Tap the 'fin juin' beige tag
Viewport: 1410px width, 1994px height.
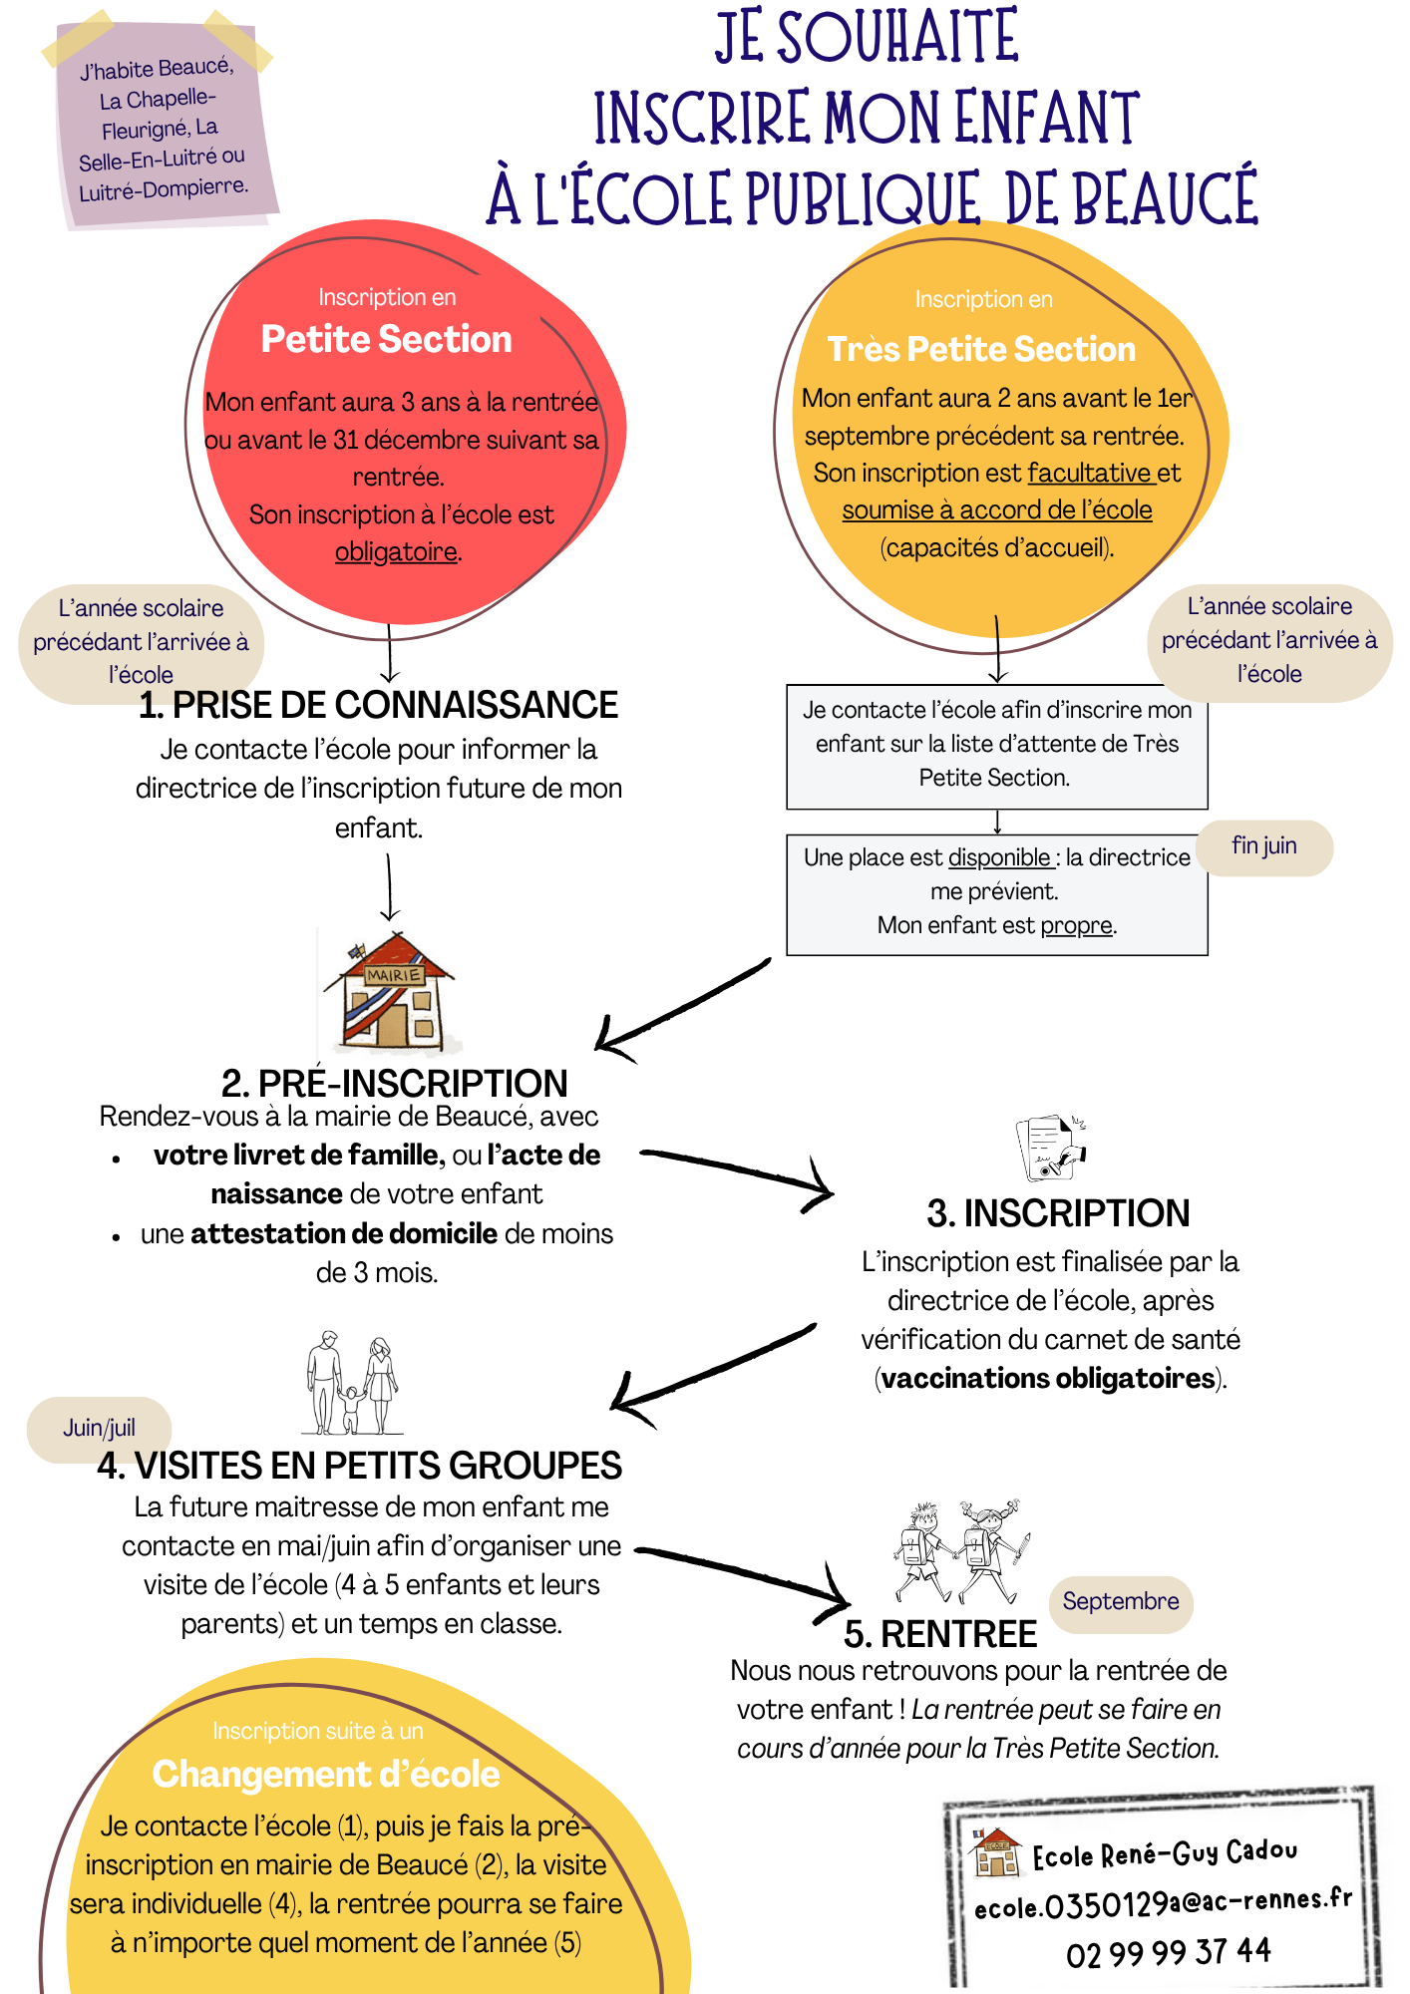(x=1263, y=846)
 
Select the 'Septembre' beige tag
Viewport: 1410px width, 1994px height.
(x=1120, y=1602)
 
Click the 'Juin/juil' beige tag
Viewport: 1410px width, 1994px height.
(x=99, y=1429)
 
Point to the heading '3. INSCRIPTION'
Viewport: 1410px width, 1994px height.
(x=1058, y=1213)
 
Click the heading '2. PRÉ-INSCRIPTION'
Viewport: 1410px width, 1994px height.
(x=394, y=1084)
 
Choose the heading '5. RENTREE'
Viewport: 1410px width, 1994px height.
(x=940, y=1635)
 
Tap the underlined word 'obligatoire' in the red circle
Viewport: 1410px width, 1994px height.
(x=396, y=551)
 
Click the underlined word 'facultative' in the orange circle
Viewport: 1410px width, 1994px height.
(x=1090, y=473)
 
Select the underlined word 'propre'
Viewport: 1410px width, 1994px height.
(x=1076, y=925)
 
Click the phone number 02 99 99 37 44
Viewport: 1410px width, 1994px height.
(x=1168, y=1952)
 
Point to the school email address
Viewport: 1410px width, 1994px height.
(x=1163, y=1904)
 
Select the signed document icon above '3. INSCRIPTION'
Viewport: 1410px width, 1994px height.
(x=1050, y=1149)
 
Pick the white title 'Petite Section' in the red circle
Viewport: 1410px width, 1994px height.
(x=386, y=340)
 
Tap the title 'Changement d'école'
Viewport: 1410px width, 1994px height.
(x=326, y=1775)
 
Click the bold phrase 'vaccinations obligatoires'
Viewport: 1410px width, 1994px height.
(x=1048, y=1379)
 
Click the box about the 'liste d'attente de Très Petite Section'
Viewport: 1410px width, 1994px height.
(x=996, y=745)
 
